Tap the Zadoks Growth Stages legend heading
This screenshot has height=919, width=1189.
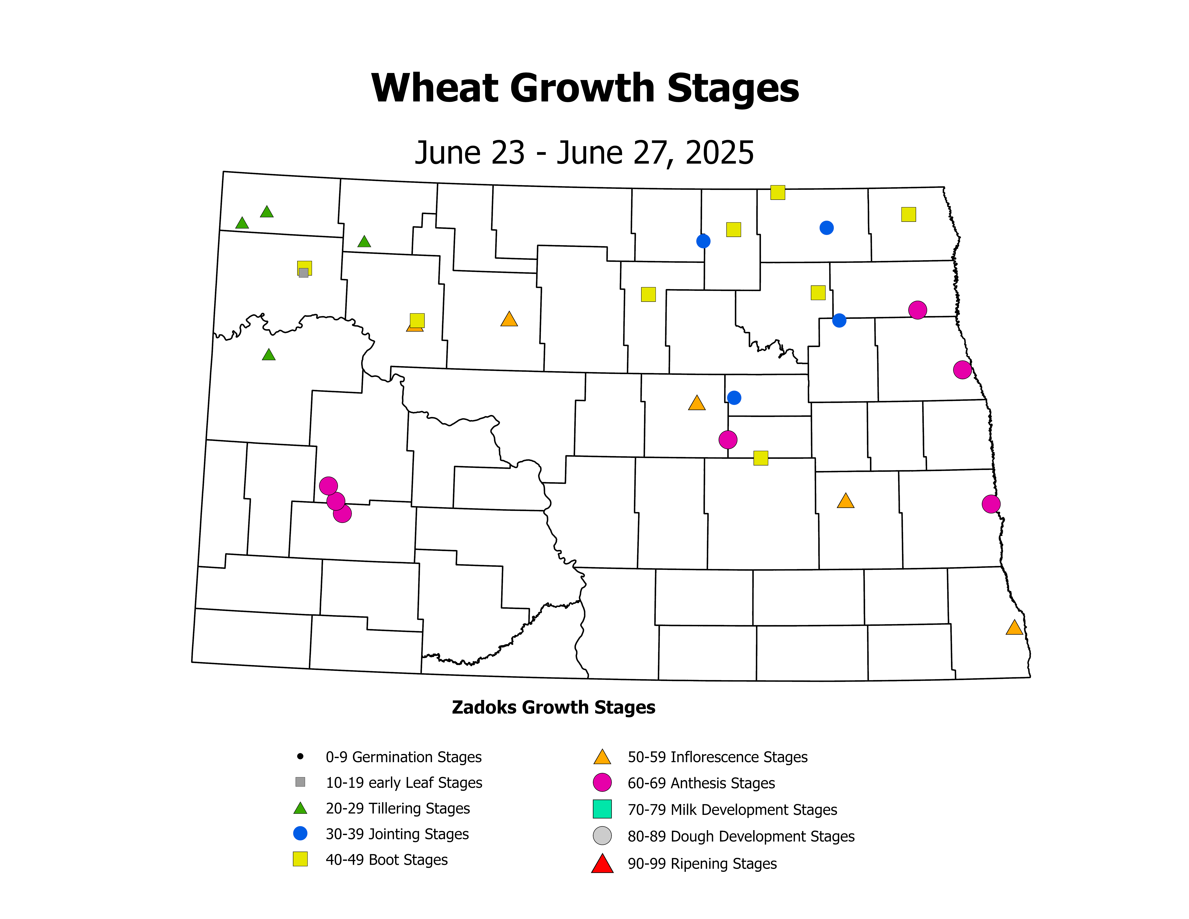(x=553, y=707)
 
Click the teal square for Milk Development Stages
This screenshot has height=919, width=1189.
(x=602, y=809)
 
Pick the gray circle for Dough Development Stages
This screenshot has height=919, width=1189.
(x=602, y=836)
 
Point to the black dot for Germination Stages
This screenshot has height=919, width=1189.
(x=300, y=756)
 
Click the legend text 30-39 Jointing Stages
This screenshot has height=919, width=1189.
(x=397, y=834)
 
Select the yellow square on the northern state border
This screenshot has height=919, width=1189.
(x=777, y=192)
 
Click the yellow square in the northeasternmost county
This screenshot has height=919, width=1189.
(x=908, y=214)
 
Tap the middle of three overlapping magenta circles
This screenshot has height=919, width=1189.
(x=335, y=501)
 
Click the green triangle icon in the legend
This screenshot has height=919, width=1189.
(x=300, y=809)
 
